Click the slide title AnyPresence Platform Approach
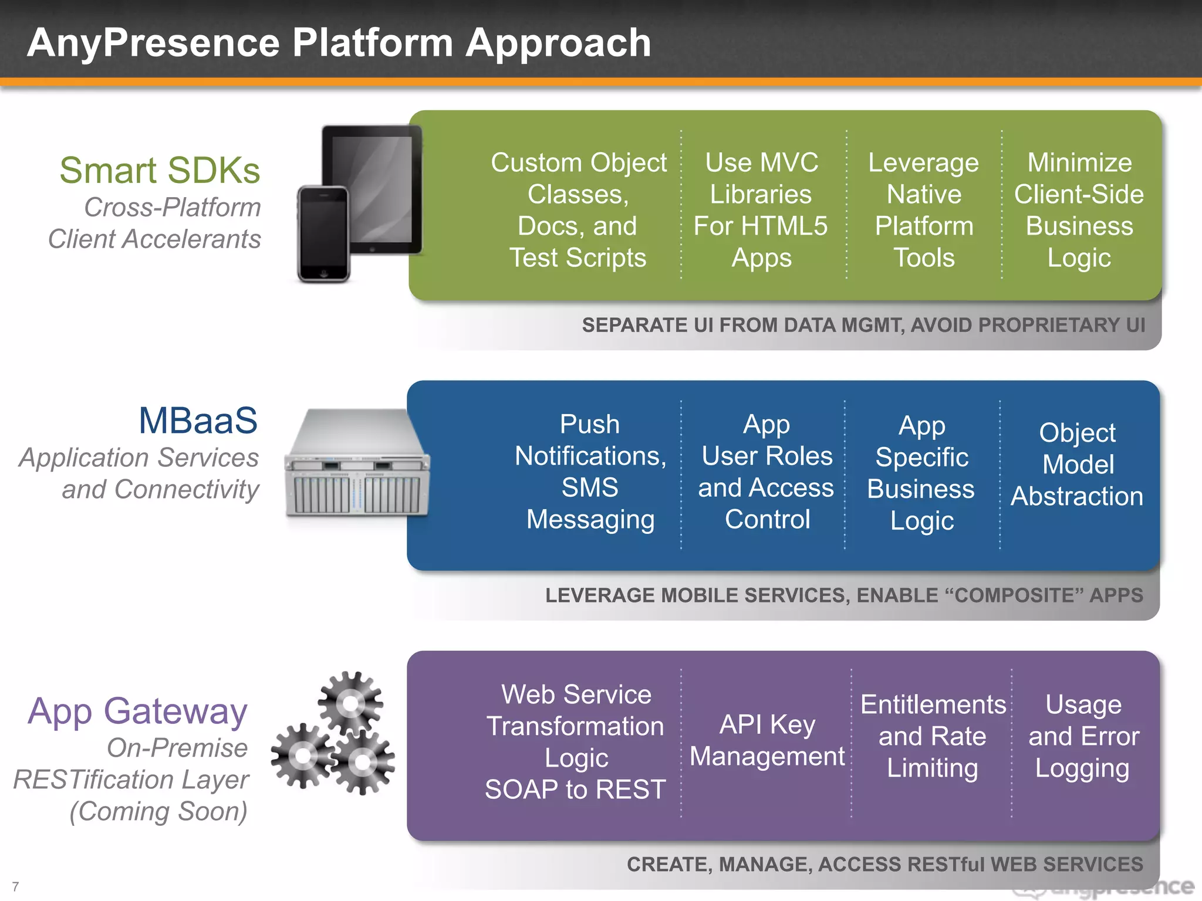click(339, 43)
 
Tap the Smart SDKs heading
click(160, 171)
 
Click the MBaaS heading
click(198, 421)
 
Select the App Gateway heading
click(137, 712)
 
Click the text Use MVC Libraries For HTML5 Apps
click(761, 210)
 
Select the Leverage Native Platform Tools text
click(924, 210)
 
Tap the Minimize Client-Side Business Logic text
click(1079, 210)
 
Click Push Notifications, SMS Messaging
click(590, 472)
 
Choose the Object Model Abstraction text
click(1077, 465)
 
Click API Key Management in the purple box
click(767, 740)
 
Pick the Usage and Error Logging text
click(1083, 736)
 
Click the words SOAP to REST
click(575, 790)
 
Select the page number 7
click(15, 887)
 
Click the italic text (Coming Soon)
click(158, 812)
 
